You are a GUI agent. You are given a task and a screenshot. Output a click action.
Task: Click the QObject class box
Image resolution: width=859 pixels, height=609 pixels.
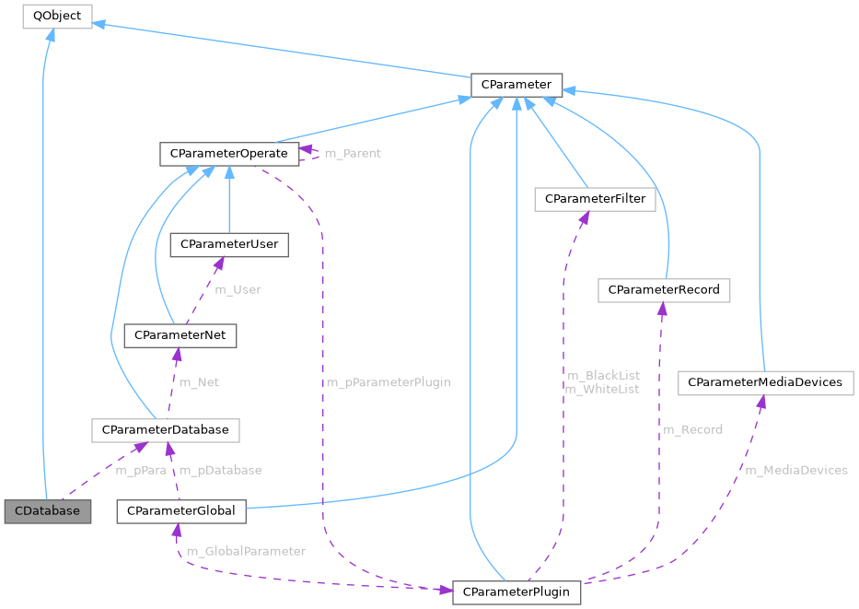[x=57, y=16]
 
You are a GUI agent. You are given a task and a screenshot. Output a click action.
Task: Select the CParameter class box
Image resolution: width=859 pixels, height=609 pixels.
[x=516, y=85]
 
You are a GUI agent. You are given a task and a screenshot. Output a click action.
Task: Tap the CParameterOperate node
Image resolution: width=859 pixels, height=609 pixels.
[x=228, y=153]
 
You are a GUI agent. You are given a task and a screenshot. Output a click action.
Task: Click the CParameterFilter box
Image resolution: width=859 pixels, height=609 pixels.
[x=595, y=198]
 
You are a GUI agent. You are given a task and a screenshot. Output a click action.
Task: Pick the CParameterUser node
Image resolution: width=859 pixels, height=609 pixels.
[x=229, y=244]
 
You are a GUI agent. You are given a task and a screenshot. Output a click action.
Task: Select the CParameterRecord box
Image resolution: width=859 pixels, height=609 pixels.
[x=663, y=290]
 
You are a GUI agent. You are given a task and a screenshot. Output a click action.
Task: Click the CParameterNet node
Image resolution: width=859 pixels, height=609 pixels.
[x=180, y=335]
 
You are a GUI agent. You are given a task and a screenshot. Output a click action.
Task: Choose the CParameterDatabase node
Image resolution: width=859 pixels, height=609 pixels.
[x=166, y=429]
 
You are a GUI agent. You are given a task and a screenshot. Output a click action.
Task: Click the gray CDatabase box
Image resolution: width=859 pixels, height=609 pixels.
[x=48, y=510]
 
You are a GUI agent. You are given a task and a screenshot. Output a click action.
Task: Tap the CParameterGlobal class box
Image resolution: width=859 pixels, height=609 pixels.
[x=181, y=510]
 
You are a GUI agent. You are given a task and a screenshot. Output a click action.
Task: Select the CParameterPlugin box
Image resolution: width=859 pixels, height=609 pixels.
[x=516, y=591]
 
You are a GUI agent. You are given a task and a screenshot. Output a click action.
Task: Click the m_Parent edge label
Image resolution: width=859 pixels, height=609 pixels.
[x=353, y=153]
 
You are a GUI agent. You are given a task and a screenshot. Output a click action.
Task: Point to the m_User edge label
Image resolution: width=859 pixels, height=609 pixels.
[x=238, y=289]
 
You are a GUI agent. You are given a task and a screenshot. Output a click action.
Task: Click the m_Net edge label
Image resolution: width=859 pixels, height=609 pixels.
[x=198, y=382]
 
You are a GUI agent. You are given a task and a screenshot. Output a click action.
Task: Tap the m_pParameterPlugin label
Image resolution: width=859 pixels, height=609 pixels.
[x=388, y=382]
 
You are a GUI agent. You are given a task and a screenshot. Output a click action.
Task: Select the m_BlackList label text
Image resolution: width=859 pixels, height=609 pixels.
[x=603, y=375]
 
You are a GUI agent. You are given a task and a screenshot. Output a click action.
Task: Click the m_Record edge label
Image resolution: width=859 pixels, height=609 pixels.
[x=692, y=429]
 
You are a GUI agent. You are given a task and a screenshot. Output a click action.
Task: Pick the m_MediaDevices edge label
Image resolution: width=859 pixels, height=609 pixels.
[x=795, y=470]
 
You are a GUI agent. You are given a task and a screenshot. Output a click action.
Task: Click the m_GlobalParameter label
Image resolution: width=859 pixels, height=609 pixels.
[x=246, y=551]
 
